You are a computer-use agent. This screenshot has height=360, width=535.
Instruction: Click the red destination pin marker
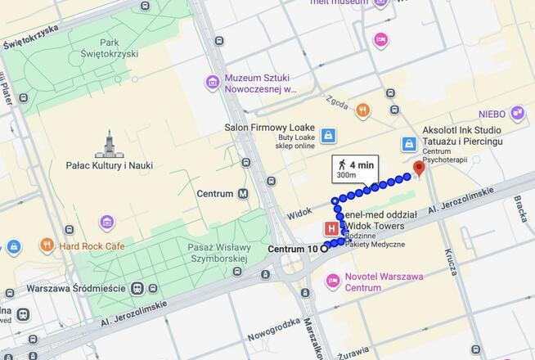point(419,169)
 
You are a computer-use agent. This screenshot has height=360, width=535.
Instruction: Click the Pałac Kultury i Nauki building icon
point(109,143)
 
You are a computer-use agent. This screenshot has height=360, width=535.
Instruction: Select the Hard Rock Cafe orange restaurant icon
point(47,245)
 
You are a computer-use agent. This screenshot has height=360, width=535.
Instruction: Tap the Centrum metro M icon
point(243,194)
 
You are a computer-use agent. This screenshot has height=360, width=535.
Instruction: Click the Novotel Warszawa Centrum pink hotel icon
point(332,281)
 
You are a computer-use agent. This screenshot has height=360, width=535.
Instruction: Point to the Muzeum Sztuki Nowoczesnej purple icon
point(213,83)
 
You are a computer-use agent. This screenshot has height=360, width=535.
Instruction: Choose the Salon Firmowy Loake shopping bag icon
point(328,135)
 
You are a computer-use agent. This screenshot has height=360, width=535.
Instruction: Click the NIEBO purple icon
point(517,113)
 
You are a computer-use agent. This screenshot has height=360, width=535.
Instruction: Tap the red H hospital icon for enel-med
point(332,228)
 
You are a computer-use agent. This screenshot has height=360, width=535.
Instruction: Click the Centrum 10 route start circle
point(324,249)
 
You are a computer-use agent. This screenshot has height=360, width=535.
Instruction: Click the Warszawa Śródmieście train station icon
point(136,288)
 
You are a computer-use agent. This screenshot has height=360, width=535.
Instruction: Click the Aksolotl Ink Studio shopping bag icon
point(409,144)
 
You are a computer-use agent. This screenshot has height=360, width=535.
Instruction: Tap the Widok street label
point(300,212)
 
